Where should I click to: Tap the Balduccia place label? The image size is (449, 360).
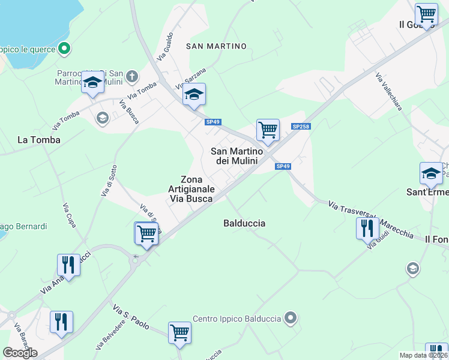click(244, 223)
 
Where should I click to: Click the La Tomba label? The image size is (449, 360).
click(39, 140)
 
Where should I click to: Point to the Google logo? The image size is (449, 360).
click(20, 353)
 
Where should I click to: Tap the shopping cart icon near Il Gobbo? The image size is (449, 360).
click(426, 13)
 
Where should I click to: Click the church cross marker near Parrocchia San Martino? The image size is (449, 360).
click(132, 77)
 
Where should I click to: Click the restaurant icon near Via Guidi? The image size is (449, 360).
click(367, 229)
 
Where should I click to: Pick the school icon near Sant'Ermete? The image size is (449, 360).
click(430, 173)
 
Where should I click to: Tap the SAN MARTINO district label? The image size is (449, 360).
click(217, 46)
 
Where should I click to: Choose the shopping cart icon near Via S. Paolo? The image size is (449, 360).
click(179, 332)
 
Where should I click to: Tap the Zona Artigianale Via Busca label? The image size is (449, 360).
click(191, 190)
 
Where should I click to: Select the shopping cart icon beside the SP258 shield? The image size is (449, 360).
click(268, 130)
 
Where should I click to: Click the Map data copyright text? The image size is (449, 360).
click(424, 355)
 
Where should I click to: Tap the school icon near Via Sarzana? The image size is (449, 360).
click(194, 94)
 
